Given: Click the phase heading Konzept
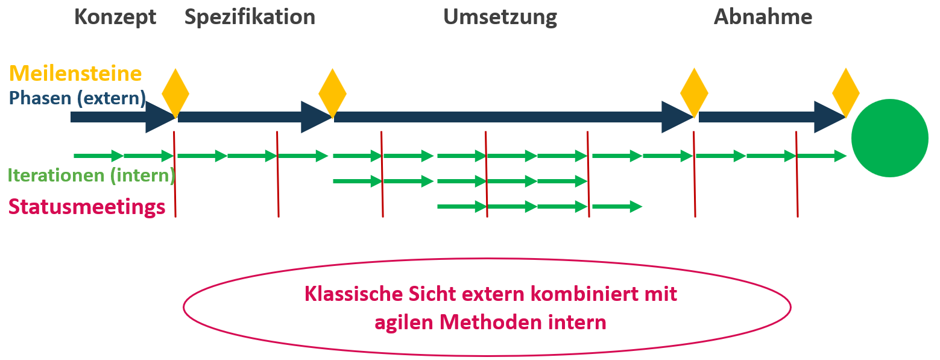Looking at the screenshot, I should (115, 17).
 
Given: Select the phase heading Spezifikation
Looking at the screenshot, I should (250, 17).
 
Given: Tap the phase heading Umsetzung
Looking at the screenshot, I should (500, 17).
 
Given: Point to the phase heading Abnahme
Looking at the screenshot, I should (763, 17).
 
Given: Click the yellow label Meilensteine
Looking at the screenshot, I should (75, 74).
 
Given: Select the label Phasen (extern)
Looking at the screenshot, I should (78, 98).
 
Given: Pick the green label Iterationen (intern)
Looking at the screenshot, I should (91, 175).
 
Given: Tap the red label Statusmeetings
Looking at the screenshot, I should (87, 207).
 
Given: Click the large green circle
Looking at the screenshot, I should (889, 139).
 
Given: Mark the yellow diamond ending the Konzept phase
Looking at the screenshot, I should (175, 93).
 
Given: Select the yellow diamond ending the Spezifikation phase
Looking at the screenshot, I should (332, 93).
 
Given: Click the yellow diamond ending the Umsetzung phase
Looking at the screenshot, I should (694, 93).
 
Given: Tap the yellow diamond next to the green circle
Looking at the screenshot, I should (845, 93).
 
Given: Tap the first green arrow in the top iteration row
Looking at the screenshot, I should (98, 156).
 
